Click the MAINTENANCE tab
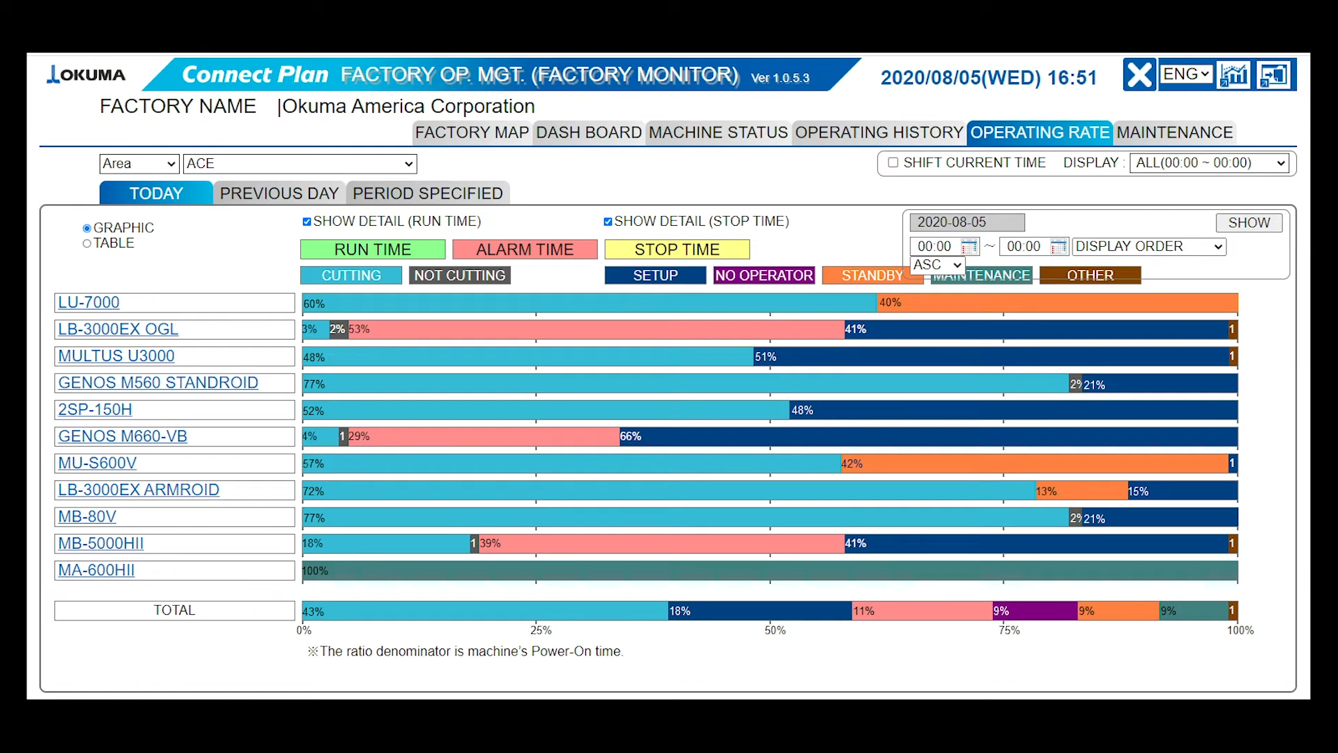[1174, 132]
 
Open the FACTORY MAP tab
[472, 132]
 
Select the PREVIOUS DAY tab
[279, 193]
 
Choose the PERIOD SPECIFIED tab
[427, 193]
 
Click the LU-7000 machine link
[89, 303]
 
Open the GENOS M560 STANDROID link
[157, 383]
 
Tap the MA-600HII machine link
[96, 570]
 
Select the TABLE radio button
[87, 243]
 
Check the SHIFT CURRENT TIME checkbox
[893, 162]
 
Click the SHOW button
[1249, 222]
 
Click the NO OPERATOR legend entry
[764, 275]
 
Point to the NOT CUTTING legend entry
[459, 275]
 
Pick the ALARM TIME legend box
[525, 250]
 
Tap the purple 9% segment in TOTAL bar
[1035, 611]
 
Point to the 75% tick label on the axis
[1009, 630]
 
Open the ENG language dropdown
[1185, 74]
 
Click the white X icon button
[1139, 75]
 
